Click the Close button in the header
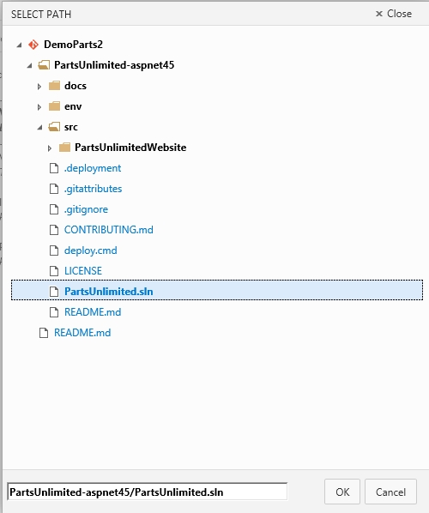(394, 14)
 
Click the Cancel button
(390, 492)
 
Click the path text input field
(148, 492)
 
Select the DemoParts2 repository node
(73, 44)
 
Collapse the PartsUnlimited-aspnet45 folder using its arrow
(30, 65)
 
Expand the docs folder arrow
(39, 87)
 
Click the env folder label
(73, 106)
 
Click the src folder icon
(54, 127)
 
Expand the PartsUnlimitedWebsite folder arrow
(50, 148)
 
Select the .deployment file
(93, 168)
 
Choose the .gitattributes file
(93, 189)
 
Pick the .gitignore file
(86, 209)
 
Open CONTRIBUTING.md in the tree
(109, 230)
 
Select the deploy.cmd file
(91, 250)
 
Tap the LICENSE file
(83, 271)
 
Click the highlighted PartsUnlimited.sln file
(109, 291)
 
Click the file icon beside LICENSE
(54, 271)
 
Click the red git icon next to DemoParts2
(33, 45)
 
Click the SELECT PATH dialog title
(41, 15)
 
